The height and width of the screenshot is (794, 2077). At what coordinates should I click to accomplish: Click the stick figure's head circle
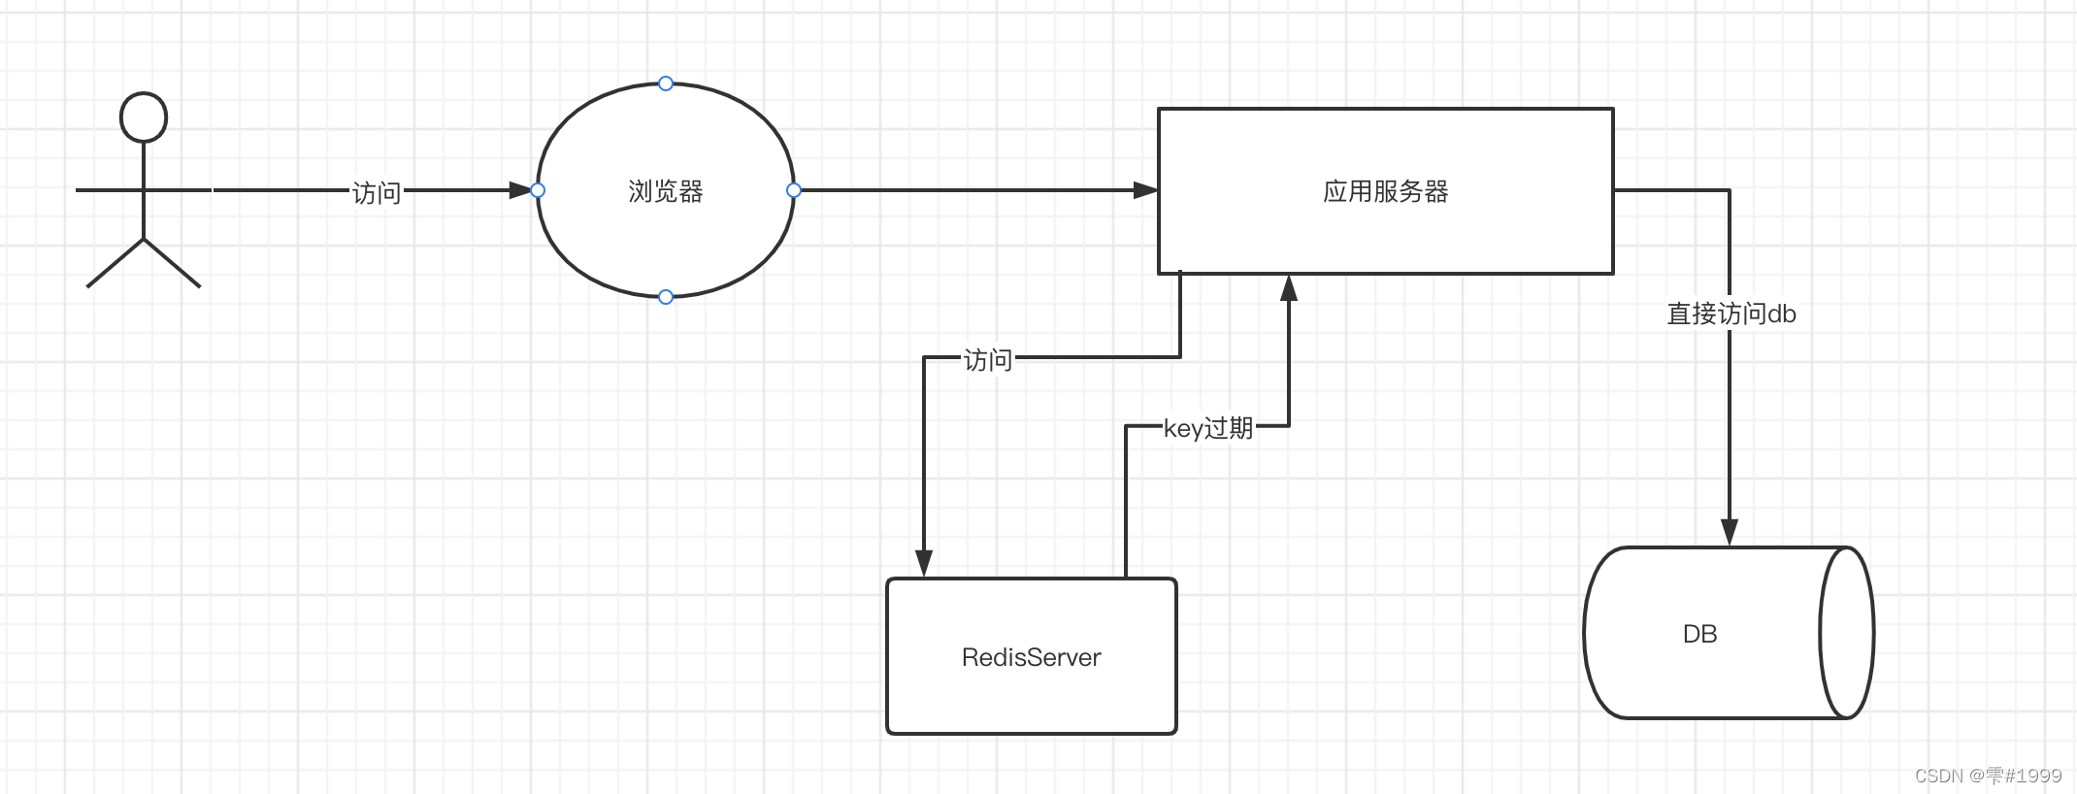144,117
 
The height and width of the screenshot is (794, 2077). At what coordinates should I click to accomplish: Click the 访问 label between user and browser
377,193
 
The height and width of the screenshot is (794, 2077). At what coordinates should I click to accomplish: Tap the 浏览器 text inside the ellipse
666,191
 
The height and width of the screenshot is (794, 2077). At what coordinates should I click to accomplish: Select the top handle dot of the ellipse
666,83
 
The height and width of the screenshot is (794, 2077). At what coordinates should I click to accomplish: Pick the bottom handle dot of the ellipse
666,297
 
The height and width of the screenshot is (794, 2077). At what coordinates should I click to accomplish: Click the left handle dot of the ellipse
538,190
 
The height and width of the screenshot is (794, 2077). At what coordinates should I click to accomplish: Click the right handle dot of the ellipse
794,190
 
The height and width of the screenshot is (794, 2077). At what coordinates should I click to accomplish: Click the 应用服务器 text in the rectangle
1385,191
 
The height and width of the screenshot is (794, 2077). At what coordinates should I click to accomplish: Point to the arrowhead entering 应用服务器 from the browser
1145,190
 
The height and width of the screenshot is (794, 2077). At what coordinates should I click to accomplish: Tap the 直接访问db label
1731,314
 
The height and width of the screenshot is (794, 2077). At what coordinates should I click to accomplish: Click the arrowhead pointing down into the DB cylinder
1730,532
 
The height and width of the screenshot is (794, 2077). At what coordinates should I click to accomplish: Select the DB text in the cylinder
1699,634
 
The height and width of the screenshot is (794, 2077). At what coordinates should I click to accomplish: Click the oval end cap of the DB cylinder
1846,633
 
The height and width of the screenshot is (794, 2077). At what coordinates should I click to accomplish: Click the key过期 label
1208,428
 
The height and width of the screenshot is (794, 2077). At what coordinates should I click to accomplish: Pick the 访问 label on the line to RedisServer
988,360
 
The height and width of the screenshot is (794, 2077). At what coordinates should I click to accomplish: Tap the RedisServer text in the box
1031,658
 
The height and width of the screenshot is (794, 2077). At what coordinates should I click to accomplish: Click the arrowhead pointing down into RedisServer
924,563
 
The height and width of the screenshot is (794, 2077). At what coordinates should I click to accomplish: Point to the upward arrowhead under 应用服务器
1289,288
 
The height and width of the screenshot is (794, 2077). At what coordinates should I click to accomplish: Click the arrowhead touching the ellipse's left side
521,190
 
